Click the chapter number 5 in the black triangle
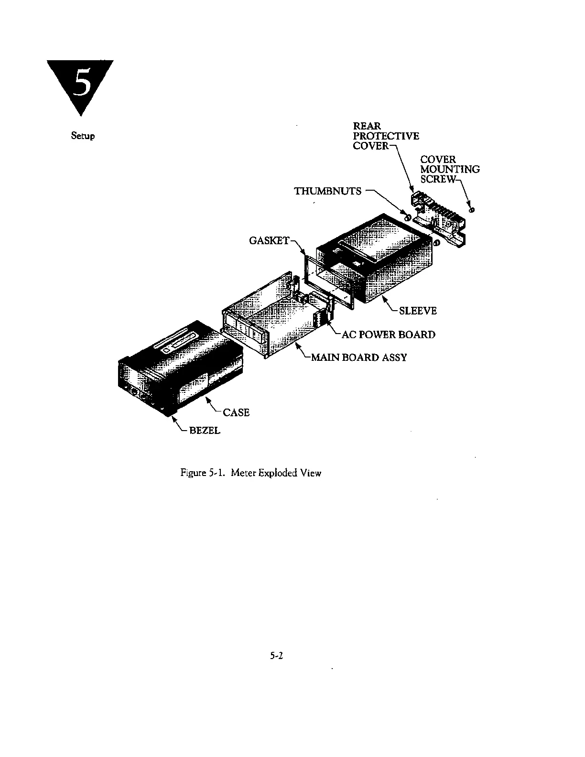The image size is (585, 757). [x=81, y=84]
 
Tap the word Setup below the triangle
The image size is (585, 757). [x=83, y=136]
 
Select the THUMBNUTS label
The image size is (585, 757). [x=328, y=191]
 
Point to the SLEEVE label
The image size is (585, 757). [x=418, y=311]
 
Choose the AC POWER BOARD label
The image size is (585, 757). [x=388, y=335]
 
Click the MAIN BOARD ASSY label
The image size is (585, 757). [x=358, y=357]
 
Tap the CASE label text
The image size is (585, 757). [x=236, y=412]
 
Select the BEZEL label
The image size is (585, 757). [x=205, y=431]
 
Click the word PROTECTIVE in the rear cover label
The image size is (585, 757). [x=386, y=136]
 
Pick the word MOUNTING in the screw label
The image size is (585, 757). [x=450, y=169]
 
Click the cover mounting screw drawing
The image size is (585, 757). [x=472, y=210]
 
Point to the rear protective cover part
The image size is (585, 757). [x=439, y=215]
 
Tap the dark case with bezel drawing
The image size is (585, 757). [x=182, y=368]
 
